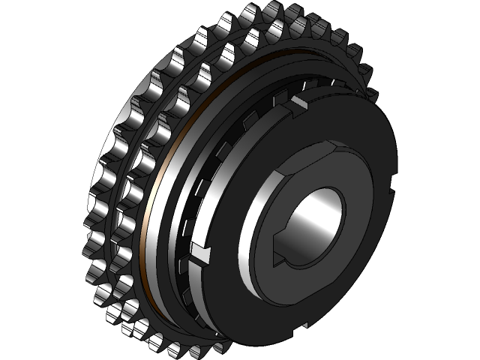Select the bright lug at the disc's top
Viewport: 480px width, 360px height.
point(298,100)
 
